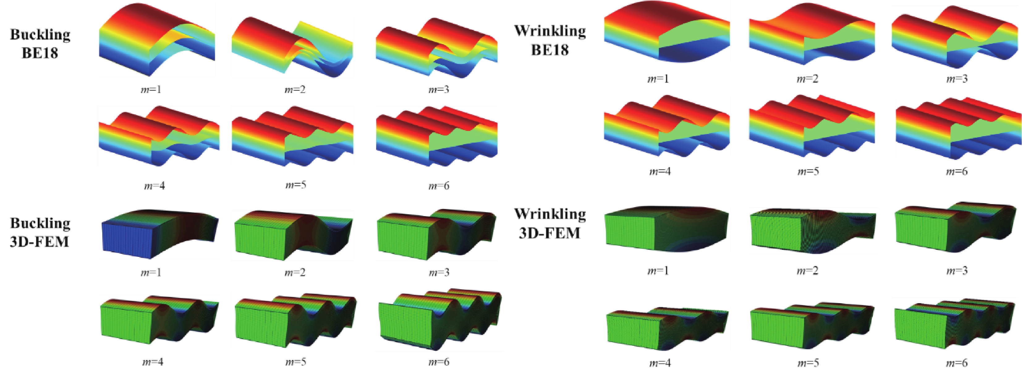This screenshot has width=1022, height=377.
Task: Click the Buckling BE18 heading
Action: (x=40, y=43)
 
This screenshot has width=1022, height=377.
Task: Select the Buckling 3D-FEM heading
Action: (x=40, y=232)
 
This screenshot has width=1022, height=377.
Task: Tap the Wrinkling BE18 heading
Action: (x=550, y=40)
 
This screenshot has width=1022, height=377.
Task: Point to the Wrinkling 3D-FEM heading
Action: (x=550, y=223)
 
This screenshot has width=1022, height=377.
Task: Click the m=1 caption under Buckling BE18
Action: (x=151, y=90)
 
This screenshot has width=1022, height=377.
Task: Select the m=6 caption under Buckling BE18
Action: (x=439, y=186)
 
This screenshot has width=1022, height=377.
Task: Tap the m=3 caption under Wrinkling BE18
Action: (x=957, y=78)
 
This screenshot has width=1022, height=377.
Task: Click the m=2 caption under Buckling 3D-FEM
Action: (x=295, y=272)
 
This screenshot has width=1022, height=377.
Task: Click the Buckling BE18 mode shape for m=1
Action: (x=157, y=40)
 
